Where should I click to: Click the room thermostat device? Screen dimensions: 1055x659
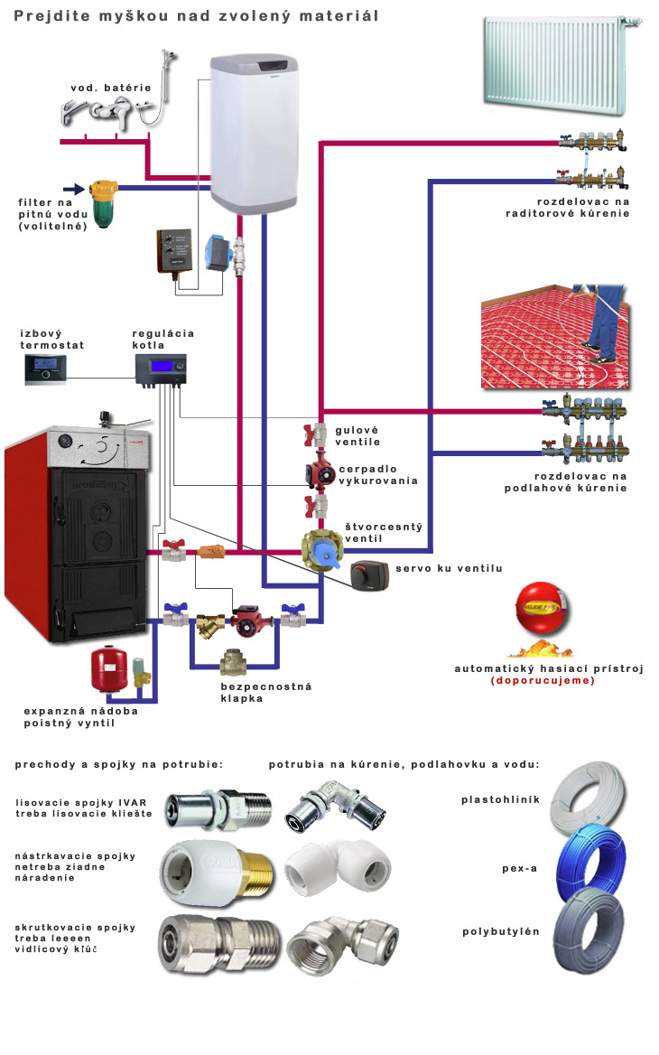point(48,369)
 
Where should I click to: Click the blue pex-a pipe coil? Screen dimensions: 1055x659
point(588,865)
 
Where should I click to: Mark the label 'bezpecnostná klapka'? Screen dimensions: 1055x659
point(265,693)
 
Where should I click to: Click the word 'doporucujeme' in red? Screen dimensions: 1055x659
point(543,680)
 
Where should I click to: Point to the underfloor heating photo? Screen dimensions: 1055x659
point(554,337)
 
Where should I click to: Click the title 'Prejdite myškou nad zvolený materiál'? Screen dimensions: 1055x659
point(196,16)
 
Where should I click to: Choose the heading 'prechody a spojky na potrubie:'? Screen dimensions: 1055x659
point(118,764)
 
